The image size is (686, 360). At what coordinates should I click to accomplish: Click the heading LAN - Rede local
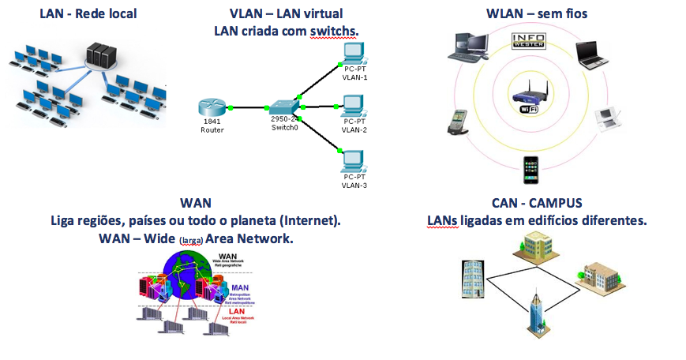pyautogui.click(x=88, y=13)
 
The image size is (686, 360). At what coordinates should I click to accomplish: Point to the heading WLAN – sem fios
pyautogui.click(x=536, y=13)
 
